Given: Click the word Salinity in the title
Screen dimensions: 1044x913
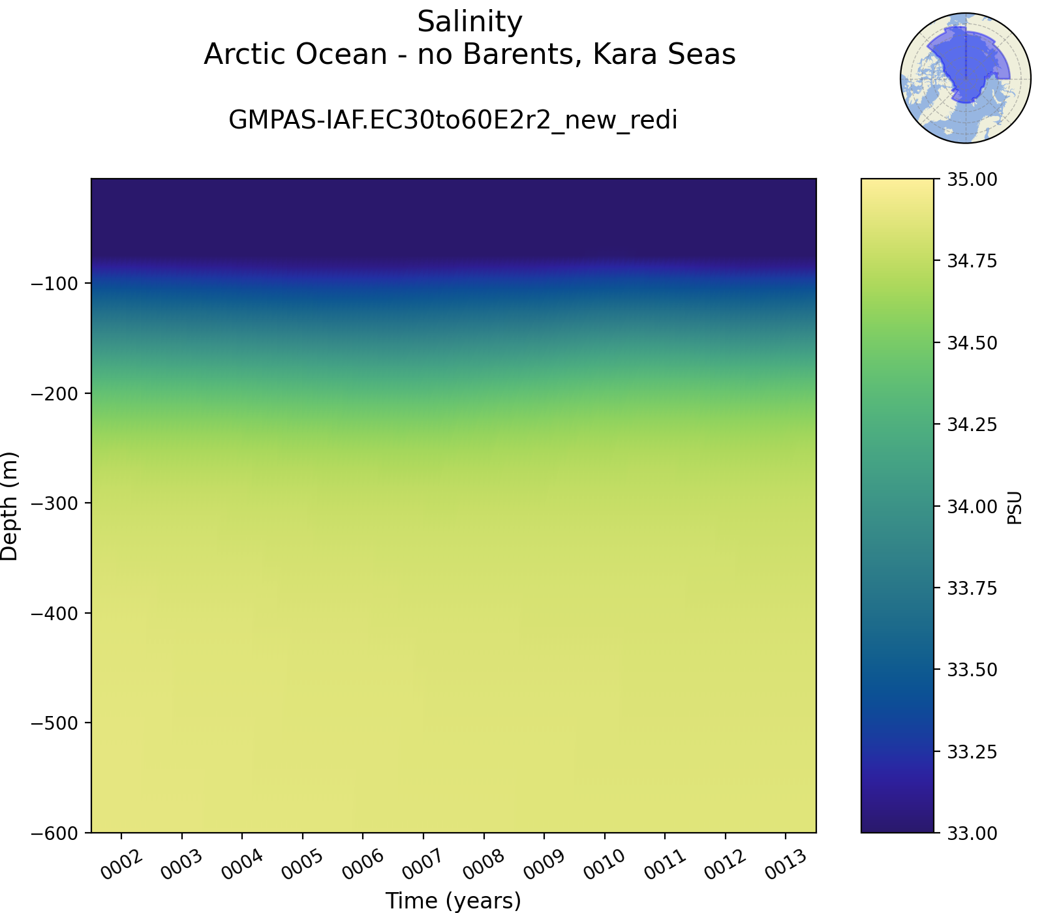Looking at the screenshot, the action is [470, 23].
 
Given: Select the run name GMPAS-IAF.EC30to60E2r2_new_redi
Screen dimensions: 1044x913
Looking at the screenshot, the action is [453, 120].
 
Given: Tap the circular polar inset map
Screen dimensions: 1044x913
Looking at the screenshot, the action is [966, 78].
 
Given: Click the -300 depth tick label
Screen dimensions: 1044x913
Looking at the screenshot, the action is [54, 503].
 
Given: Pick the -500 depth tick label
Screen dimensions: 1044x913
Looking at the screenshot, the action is [54, 723].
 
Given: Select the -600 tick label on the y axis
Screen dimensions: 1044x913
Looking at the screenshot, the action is [54, 833].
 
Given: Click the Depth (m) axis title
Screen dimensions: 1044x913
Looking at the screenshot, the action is [10, 506].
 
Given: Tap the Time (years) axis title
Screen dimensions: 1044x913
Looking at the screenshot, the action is [453, 901].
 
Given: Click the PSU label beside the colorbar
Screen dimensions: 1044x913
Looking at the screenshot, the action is [1015, 507].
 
